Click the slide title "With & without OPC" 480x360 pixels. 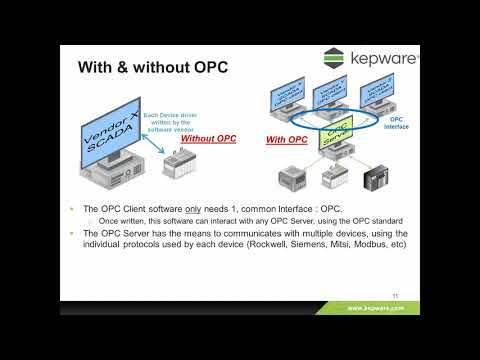point(152,69)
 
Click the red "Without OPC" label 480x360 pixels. point(208,138)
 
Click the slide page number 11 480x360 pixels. point(397,295)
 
